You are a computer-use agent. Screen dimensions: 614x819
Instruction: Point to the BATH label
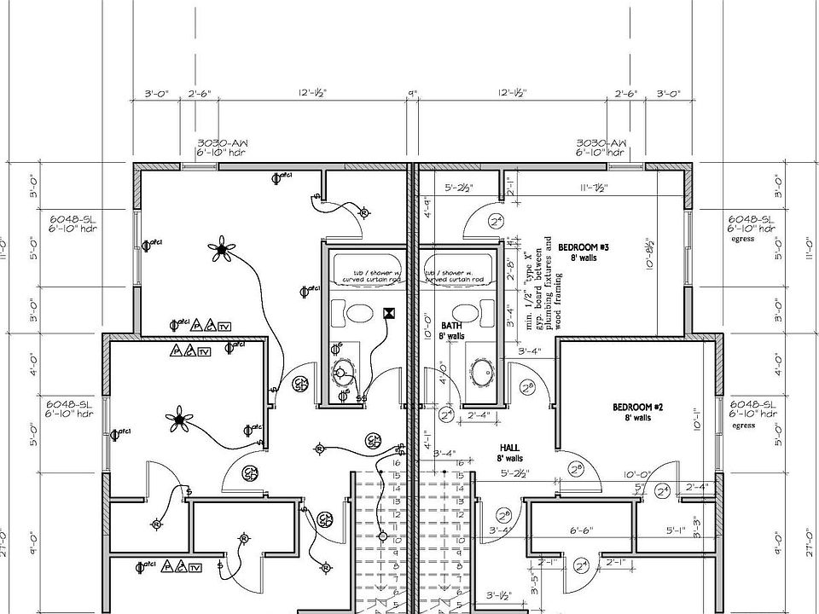point(451,326)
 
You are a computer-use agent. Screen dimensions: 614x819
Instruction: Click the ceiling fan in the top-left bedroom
point(223,249)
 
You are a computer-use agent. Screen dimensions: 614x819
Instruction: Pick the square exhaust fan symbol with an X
point(389,313)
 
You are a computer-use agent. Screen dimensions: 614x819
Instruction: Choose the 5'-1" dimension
point(675,530)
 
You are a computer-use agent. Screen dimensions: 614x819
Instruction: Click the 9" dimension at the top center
point(413,93)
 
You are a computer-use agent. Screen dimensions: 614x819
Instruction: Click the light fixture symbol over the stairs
point(382,536)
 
